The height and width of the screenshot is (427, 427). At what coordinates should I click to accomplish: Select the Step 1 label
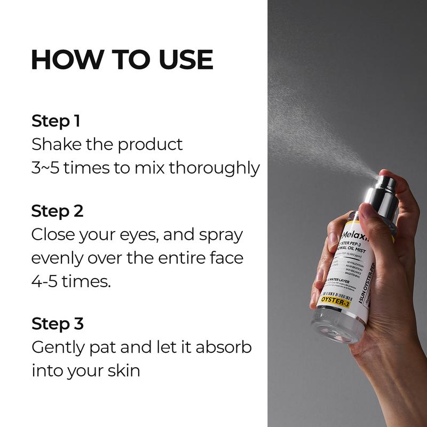[x=56, y=121]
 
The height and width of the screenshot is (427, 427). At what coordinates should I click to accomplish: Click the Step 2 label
[x=57, y=211]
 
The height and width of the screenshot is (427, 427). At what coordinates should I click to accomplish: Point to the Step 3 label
[x=57, y=323]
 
